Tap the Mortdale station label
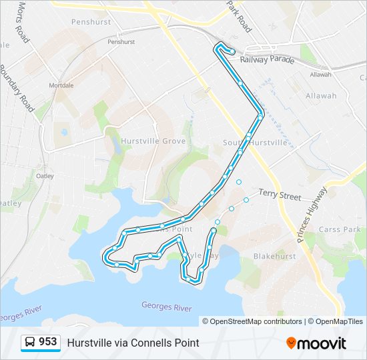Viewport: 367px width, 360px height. point(61,86)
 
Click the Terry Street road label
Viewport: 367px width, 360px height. point(280,194)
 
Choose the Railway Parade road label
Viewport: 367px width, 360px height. point(272,60)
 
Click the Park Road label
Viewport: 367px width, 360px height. point(239,17)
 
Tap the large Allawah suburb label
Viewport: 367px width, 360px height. point(321,96)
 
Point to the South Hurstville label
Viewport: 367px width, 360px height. point(255,143)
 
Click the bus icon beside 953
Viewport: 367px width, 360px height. point(30,343)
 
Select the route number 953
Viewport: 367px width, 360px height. point(47,342)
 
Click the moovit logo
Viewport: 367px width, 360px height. point(316,343)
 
